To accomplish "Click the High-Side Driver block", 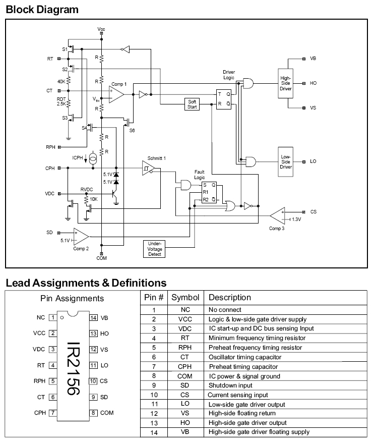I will coord(286,84).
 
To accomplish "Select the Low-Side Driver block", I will coord(286,161).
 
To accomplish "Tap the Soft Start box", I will coord(192,104).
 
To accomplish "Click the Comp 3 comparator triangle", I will coord(277,215).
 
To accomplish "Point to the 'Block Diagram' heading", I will coord(42,9).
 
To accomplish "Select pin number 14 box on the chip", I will coord(93,318).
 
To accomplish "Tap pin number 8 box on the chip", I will coord(93,413).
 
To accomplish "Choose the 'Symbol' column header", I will coord(185,298).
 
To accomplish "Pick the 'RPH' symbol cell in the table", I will coord(185,348).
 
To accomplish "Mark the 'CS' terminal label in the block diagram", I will coord(313,212).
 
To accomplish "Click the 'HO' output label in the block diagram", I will coord(313,83).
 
